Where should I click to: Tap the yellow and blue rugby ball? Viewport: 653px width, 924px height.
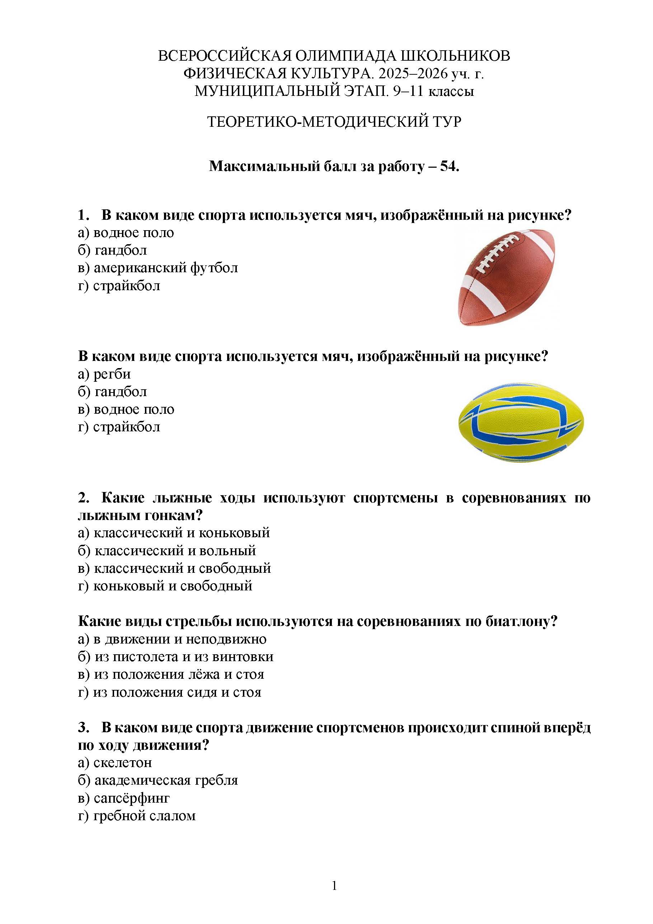(521, 423)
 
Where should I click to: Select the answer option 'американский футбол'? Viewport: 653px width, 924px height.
(165, 268)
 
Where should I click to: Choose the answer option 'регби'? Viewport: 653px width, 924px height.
(112, 374)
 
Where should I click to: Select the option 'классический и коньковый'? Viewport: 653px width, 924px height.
(181, 533)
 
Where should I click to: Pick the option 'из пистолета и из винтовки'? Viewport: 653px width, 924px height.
(184, 657)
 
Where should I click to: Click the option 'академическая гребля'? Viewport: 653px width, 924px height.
(166, 780)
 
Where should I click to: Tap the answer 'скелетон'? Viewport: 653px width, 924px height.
(122, 763)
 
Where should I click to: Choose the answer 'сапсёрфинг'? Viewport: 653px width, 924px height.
(131, 798)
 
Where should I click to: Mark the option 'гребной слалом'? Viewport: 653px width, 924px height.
(144, 816)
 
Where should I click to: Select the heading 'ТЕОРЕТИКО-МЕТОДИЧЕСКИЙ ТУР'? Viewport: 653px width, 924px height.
(334, 121)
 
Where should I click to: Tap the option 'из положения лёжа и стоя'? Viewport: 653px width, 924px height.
(179, 674)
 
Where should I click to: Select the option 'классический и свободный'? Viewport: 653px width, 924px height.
(182, 568)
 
